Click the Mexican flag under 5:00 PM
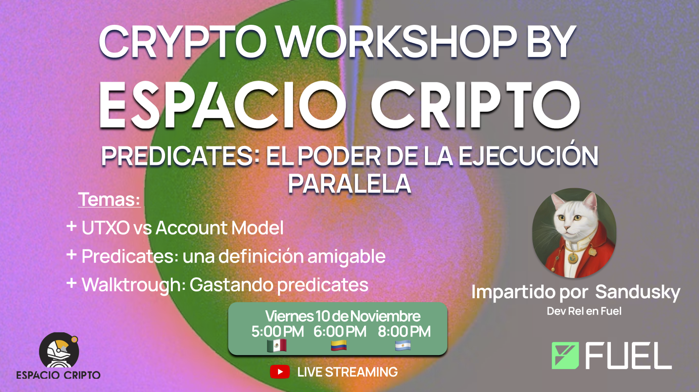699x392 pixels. coord(277,345)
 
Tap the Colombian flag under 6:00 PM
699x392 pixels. coord(339,345)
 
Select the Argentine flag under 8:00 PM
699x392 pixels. coord(403,345)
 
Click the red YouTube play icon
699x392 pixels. coord(279,372)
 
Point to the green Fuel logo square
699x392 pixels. coord(565,356)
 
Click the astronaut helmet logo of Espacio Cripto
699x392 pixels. coord(59,351)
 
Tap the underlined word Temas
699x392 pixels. coord(109,199)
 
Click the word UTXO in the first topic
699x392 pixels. coord(106,228)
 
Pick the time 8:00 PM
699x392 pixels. coord(404,332)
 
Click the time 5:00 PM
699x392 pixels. coord(277,332)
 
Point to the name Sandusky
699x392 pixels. coord(638,292)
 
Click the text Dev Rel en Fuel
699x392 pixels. coord(584,311)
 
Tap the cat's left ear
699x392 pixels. coord(558,201)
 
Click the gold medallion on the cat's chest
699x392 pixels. coord(572,258)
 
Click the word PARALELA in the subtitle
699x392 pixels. coord(349,184)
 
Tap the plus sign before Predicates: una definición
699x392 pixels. coord(72,254)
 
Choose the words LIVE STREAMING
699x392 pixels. coord(348,372)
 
